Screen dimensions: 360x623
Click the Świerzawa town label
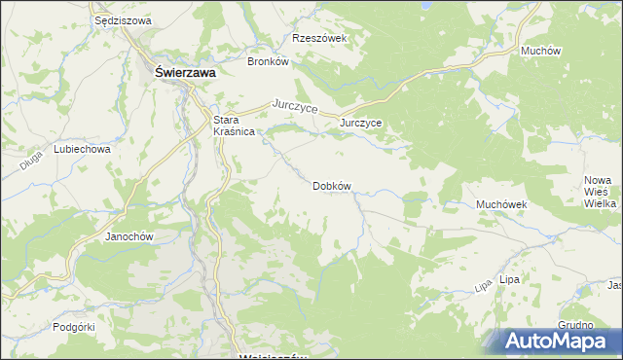[x=186, y=71]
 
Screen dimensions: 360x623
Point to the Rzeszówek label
[x=319, y=39]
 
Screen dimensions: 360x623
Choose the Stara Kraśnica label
[x=234, y=126]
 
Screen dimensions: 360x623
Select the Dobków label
[x=331, y=185]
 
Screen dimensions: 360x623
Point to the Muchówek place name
[x=500, y=205]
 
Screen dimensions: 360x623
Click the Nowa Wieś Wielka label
[x=601, y=192]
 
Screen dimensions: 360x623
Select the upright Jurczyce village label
[x=360, y=124]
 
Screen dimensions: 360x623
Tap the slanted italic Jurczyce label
[x=296, y=107]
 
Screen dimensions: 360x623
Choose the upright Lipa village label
[x=508, y=279]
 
